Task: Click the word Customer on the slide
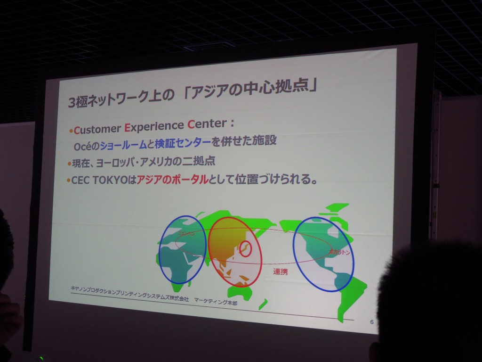(x=97, y=129)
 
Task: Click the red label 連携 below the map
(x=281, y=271)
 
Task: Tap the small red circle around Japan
(x=245, y=248)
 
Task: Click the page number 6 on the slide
(x=371, y=322)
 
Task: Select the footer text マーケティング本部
(x=216, y=300)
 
